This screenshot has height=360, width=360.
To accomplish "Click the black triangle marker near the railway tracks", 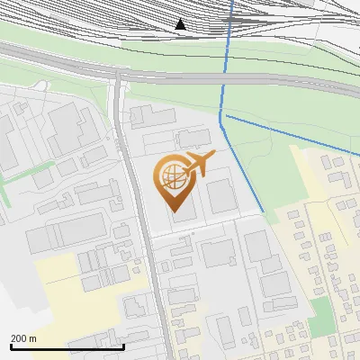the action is pyautogui.click(x=180, y=24).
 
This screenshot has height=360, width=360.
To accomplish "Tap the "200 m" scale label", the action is pyautogui.click(x=23, y=338).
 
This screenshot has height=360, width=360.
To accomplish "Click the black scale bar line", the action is pyautogui.click(x=67, y=347).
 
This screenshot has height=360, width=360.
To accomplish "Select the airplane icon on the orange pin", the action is pyautogui.click(x=200, y=163).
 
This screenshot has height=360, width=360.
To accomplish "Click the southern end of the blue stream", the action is pyautogui.click(x=263, y=211).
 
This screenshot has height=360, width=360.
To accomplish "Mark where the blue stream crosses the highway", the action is pyautogui.click(x=223, y=79).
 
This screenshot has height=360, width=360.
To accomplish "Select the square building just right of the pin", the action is pyautogui.click(x=221, y=194).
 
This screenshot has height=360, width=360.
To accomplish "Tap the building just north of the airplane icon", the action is pyautogui.click(x=193, y=138).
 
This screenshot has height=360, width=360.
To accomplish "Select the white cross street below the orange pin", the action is pyautogui.click(x=198, y=233).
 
